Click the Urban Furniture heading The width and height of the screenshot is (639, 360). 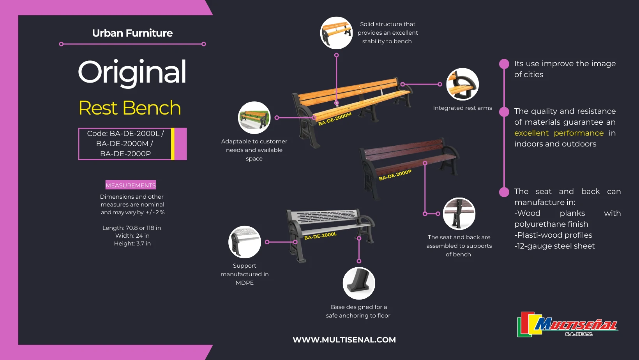132,33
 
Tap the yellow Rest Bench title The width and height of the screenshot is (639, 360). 130,108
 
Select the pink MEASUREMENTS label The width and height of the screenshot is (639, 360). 131,185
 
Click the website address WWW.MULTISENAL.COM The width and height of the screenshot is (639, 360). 344,340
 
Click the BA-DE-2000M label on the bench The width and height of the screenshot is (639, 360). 335,119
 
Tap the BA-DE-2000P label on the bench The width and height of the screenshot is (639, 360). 395,175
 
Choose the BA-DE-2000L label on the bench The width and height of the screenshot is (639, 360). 320,236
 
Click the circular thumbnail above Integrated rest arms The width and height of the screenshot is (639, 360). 462,84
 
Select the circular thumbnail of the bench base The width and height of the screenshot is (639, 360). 359,283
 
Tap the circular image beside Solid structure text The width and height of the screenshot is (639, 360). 336,33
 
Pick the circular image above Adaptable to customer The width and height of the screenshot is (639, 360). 254,118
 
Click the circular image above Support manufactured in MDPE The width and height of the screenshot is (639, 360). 245,242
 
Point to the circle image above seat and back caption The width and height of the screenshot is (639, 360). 459,214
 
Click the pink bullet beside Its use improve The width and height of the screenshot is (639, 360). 504,64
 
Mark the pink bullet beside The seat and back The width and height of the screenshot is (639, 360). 504,192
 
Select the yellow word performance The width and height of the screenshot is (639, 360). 579,133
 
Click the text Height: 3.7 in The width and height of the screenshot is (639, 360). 132,244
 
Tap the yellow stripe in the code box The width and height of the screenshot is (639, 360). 173,144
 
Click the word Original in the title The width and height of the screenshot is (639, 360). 132,72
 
